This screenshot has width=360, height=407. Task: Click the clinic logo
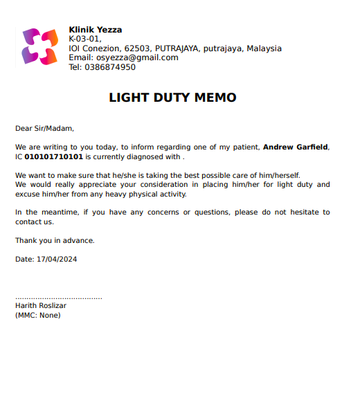[x=40, y=47]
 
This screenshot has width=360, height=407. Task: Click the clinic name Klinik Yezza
[x=95, y=30]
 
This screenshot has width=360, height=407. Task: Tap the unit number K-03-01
[x=84, y=39]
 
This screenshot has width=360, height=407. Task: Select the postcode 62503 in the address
[x=137, y=48]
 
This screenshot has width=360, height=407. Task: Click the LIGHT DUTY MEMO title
[x=172, y=98]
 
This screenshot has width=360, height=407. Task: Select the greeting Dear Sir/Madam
[x=44, y=128]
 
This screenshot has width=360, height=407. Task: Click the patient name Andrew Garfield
[x=296, y=147]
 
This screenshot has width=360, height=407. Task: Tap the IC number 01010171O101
[x=54, y=157]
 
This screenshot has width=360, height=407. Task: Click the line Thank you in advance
[x=55, y=241]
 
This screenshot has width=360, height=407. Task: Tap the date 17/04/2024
[x=57, y=260]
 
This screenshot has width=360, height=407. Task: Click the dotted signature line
[x=59, y=298]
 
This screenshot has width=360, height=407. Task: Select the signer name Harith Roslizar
[x=41, y=305]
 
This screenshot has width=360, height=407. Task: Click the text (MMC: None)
[x=38, y=315]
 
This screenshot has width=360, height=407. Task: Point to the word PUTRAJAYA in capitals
[x=177, y=48]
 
